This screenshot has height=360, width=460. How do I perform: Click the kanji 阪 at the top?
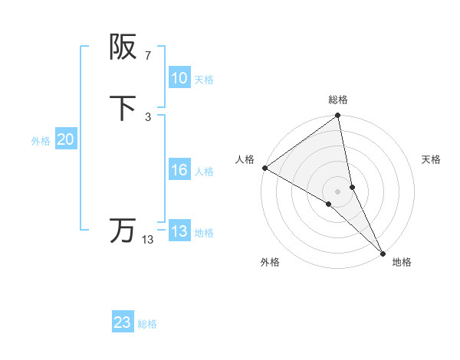click(x=123, y=47)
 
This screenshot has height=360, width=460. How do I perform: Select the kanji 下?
click(x=123, y=108)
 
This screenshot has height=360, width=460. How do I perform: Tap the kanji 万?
click(x=123, y=231)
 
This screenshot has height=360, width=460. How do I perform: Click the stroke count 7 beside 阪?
click(x=148, y=55)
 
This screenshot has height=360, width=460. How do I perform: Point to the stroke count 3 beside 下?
click(x=148, y=116)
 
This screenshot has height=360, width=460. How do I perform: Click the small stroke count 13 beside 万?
click(x=148, y=240)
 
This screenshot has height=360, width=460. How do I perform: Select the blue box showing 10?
click(x=179, y=78)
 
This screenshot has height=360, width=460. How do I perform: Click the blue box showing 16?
click(x=179, y=170)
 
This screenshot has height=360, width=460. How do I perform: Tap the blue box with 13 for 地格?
click(x=179, y=231)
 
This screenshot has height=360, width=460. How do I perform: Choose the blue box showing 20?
click(x=66, y=139)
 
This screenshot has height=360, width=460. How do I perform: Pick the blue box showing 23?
click(x=123, y=322)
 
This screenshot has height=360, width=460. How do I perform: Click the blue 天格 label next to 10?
click(x=204, y=79)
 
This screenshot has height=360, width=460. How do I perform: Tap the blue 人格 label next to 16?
click(x=204, y=171)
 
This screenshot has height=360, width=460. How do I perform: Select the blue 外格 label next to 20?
click(x=41, y=140)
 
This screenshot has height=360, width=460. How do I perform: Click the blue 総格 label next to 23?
click(x=147, y=323)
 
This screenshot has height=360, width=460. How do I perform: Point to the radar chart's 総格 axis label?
click(x=338, y=100)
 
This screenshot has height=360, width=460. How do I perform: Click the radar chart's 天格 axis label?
click(x=431, y=159)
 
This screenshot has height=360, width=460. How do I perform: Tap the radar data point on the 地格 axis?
click(x=383, y=252)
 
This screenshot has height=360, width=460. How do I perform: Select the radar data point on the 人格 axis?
click(x=264, y=167)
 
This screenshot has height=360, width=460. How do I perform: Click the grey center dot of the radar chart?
click(x=338, y=191)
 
